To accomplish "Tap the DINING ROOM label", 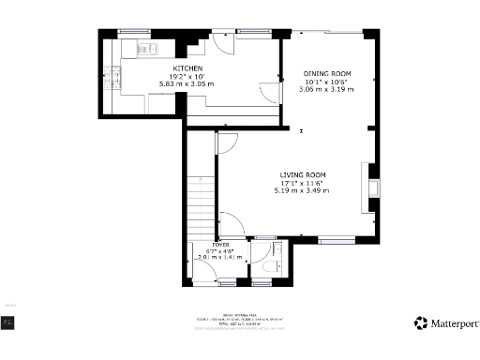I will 326,73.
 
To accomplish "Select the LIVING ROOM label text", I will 302,174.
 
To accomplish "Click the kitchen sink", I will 148,49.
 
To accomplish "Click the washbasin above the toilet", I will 276,250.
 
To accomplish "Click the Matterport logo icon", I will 422,322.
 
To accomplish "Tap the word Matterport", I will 453,323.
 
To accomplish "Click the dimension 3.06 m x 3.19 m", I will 326,89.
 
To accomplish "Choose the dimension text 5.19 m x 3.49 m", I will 302,190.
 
